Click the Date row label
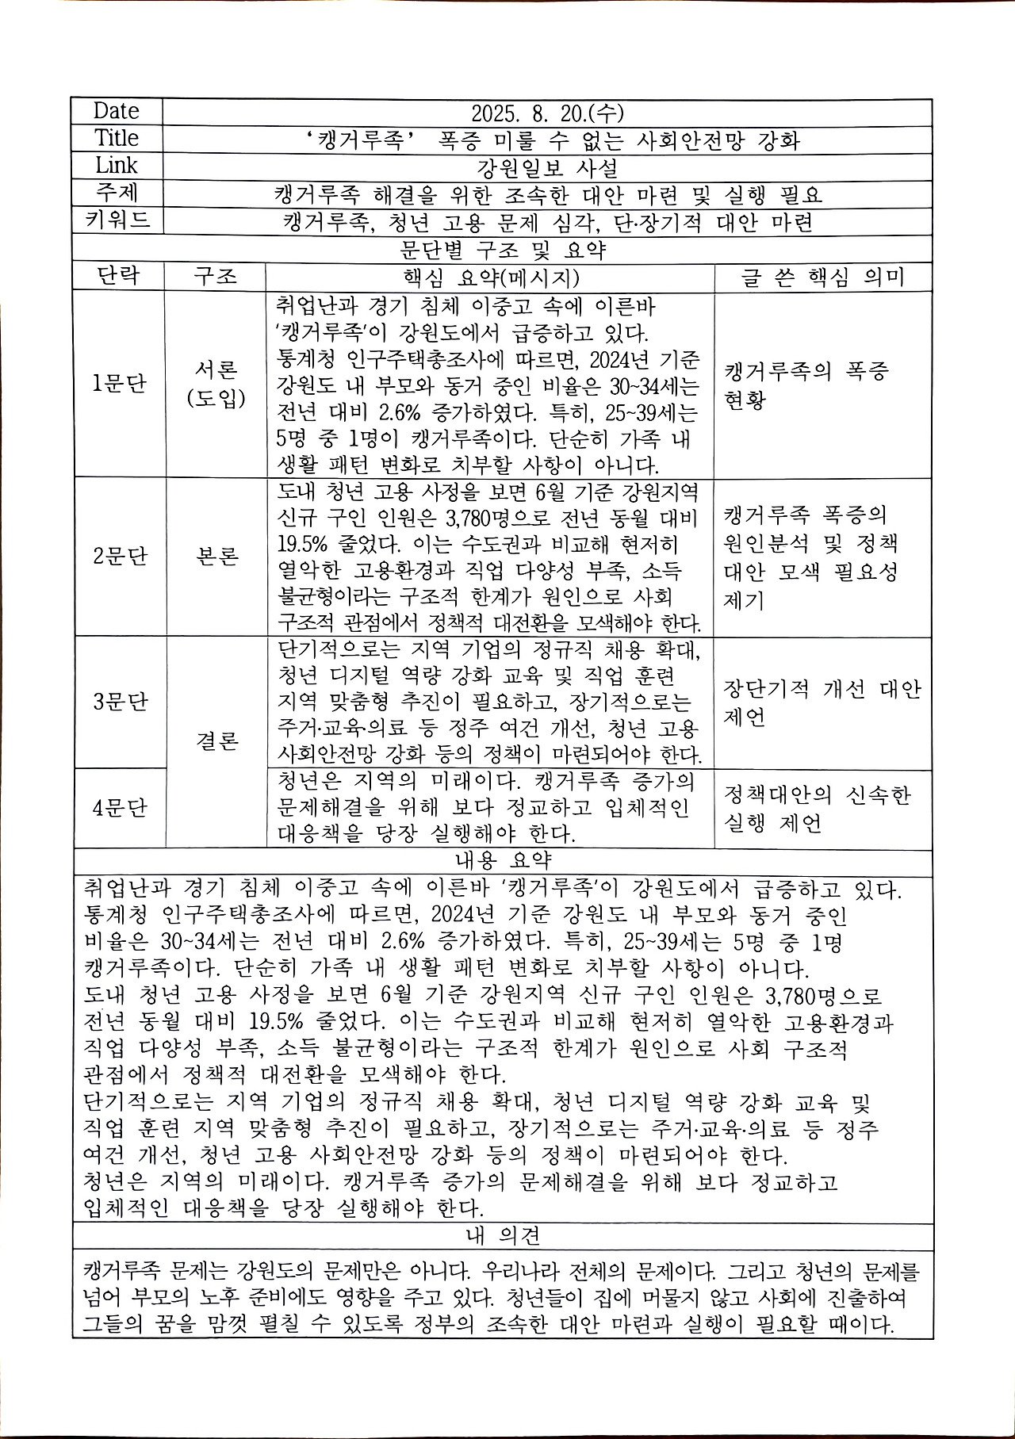[116, 111]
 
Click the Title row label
[117, 138]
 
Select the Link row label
[117, 166]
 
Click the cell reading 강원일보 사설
[547, 167]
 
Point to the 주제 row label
[117, 193]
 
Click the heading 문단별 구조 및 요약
[503, 250]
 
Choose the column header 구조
[215, 277]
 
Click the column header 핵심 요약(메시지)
[488, 277]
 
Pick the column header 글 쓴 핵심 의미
[822, 277]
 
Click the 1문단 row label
[119, 385]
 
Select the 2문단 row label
[119, 556]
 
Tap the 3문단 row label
[119, 702]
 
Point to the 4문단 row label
[119, 808]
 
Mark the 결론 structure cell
[216, 742]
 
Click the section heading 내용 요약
[503, 860]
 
